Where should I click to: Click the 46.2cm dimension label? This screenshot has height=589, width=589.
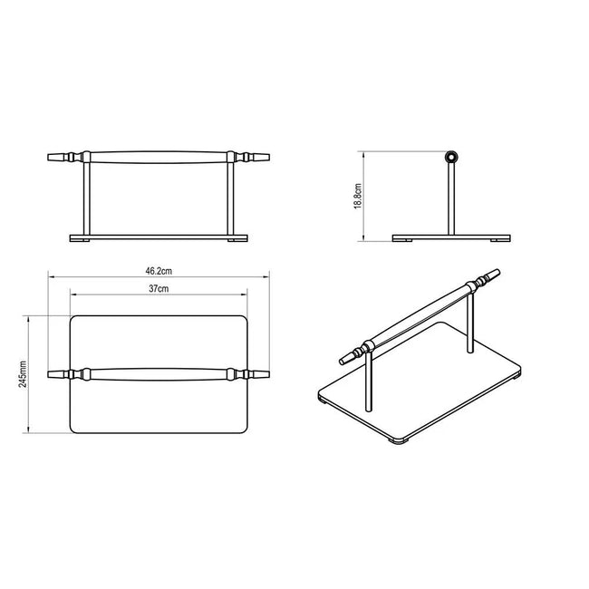[159, 271]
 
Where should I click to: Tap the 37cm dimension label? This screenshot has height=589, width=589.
[159, 288]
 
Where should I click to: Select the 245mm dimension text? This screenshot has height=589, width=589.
[23, 374]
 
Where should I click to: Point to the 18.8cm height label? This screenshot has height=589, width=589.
[358, 196]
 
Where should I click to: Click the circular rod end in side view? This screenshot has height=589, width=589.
[451, 157]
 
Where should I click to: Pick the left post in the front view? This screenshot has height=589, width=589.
[86, 198]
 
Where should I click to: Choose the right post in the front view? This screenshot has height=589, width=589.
[231, 198]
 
